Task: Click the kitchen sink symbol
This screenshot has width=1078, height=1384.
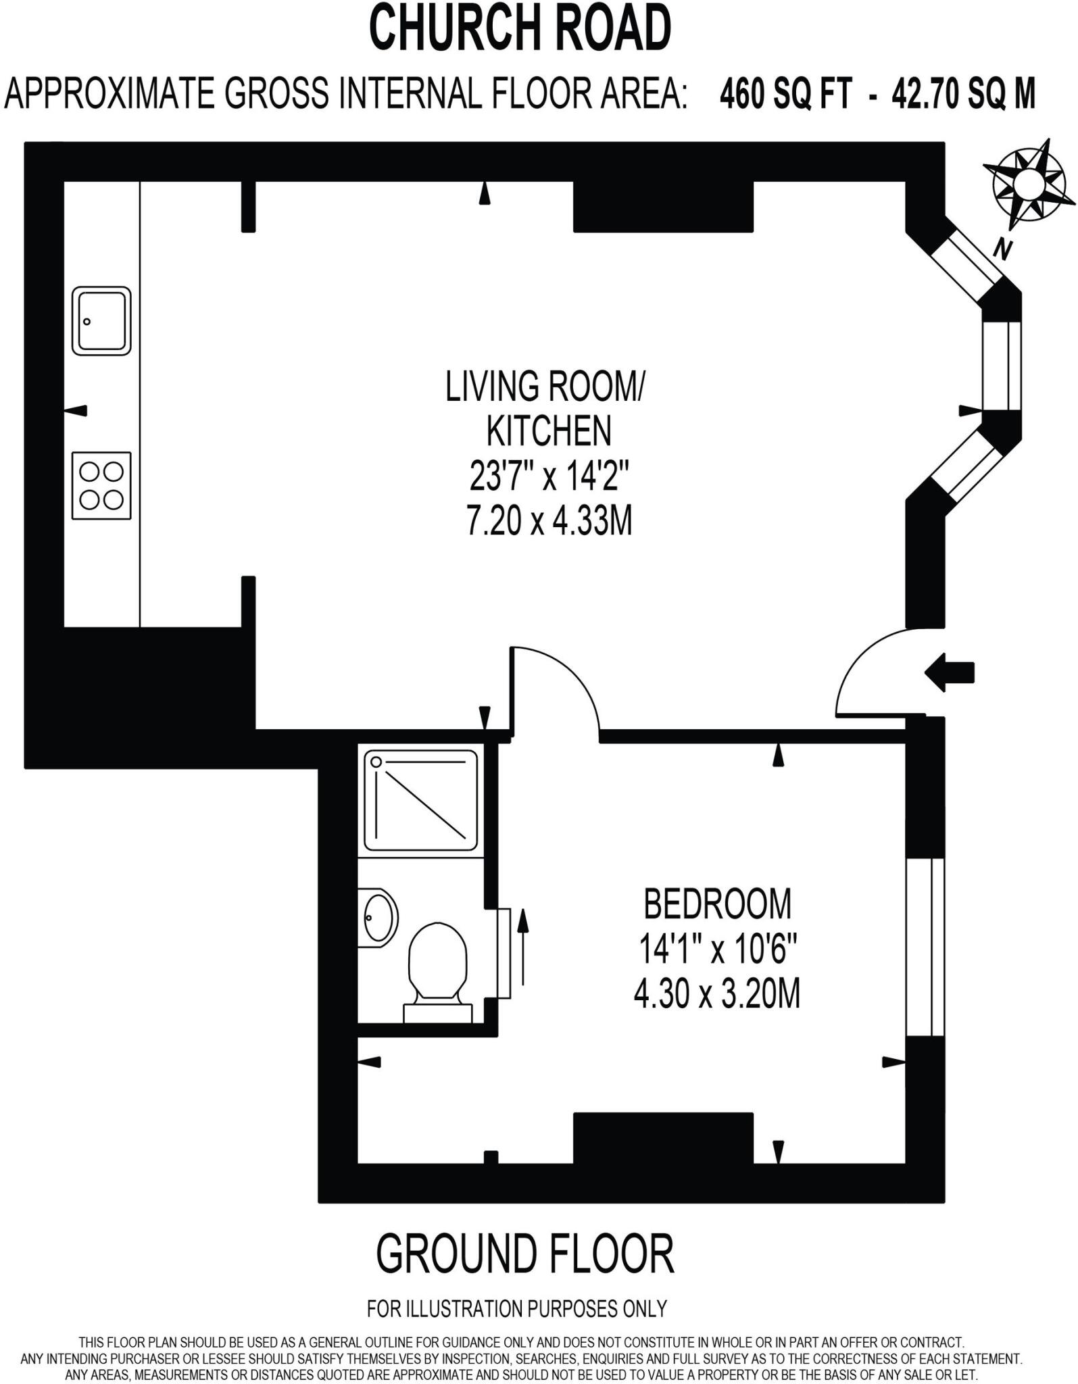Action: (x=101, y=321)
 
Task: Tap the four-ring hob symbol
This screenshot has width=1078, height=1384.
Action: (x=101, y=485)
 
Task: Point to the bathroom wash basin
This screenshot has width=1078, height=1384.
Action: (x=378, y=918)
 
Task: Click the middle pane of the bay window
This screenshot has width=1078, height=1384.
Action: (x=1002, y=365)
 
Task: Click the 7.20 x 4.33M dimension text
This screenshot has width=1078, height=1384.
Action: (x=549, y=522)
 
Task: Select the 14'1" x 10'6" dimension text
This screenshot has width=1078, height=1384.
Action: (x=718, y=950)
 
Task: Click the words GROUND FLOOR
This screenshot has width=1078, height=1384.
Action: (x=524, y=1254)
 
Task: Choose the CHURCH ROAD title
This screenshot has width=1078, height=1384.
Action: (x=520, y=28)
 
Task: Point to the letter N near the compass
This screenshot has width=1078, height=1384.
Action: (x=1002, y=251)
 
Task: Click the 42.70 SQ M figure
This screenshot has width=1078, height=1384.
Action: (x=963, y=94)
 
